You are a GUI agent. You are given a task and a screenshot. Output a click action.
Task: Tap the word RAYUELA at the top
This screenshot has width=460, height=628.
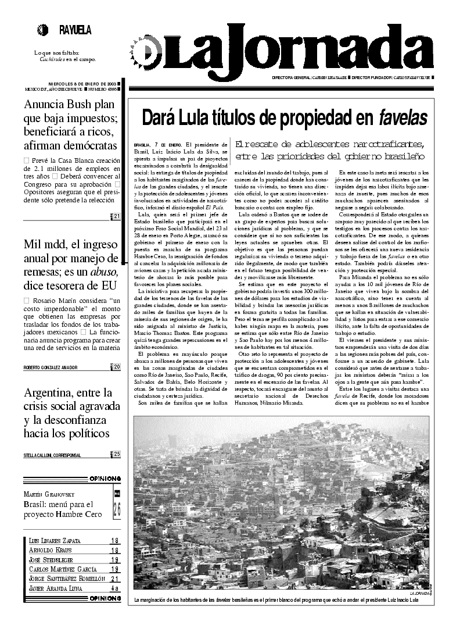pyautogui.click(x=75, y=30)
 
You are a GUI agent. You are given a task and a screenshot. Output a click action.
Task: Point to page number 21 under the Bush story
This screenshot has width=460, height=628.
pyautogui.click(x=116, y=217)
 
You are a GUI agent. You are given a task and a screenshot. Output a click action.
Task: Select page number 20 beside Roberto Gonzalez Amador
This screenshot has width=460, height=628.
pyautogui.click(x=116, y=367)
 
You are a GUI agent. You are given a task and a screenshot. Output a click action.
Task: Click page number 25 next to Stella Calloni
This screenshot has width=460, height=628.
pyautogui.click(x=116, y=454)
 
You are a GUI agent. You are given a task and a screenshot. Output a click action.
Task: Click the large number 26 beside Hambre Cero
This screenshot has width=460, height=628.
pyautogui.click(x=117, y=510)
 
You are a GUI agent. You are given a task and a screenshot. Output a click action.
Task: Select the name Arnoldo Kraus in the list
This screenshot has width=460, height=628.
pyautogui.click(x=51, y=549)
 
